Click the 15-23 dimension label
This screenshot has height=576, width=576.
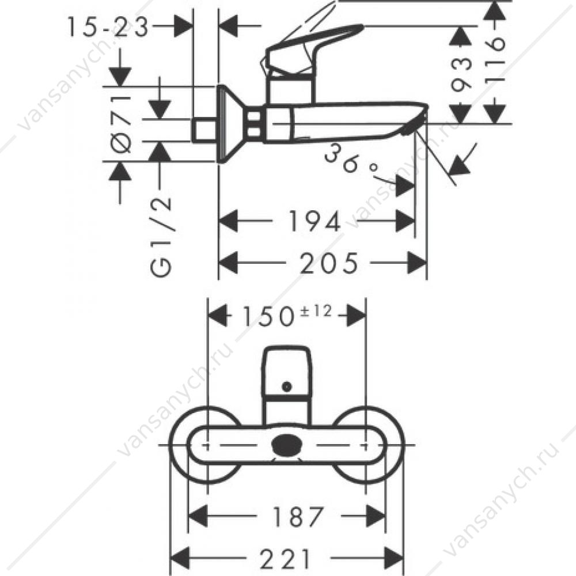108,26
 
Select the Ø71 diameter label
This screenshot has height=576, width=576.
120,124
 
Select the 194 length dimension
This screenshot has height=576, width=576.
315,221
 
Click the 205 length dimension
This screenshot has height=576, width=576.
328,263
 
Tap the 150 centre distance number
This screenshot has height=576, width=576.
267,317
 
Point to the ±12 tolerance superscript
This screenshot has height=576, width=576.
316,312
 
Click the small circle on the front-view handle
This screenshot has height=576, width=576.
286,386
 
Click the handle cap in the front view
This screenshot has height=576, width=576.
287,371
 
